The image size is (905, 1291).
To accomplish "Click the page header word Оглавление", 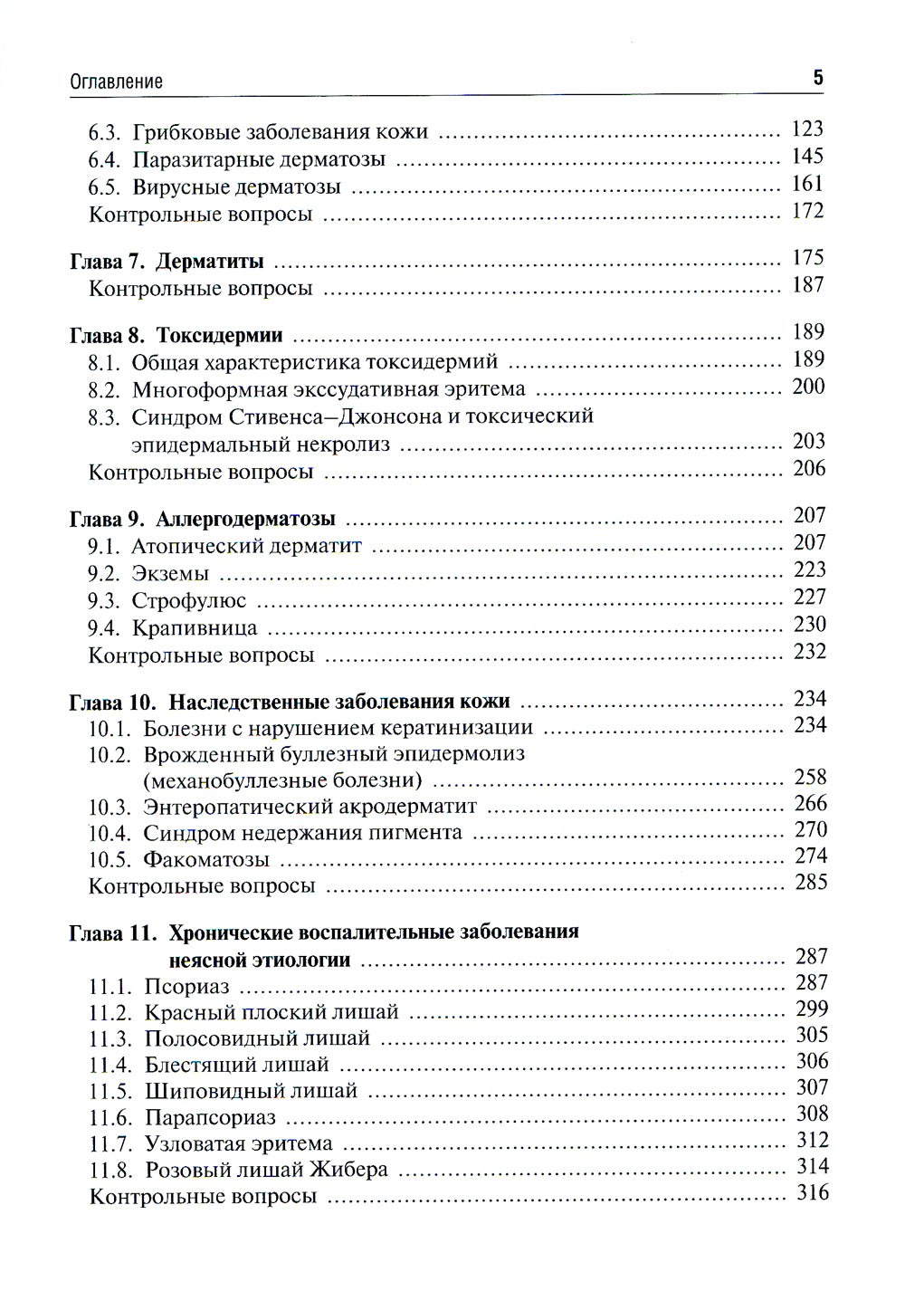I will (x=116, y=81).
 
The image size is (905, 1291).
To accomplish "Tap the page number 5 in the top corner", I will (x=818, y=77).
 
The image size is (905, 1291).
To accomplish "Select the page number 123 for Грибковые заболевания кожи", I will (x=806, y=129).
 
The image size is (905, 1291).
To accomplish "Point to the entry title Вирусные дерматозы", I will (x=236, y=187).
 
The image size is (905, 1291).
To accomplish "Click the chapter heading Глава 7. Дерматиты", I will (x=167, y=262).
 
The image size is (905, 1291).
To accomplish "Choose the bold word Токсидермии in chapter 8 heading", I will (x=220, y=335).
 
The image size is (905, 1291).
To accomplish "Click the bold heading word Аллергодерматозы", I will (x=245, y=519).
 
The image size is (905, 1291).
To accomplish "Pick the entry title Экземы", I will (x=170, y=573).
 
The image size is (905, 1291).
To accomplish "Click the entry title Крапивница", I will (x=195, y=627).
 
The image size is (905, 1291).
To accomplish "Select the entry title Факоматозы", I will (x=206, y=859).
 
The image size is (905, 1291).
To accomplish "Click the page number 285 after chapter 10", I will (x=810, y=882).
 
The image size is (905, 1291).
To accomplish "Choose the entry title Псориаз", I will (x=186, y=986).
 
